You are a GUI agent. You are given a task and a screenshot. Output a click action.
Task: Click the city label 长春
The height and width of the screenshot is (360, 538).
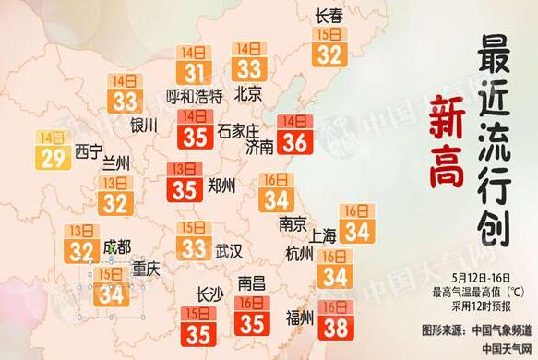(329, 16)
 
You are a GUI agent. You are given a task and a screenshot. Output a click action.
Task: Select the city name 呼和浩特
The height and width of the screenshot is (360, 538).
(194, 95)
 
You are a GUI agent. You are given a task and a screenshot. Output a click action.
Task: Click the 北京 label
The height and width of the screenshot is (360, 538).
(248, 93)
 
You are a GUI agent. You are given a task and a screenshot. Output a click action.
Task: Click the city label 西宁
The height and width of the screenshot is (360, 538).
(89, 150)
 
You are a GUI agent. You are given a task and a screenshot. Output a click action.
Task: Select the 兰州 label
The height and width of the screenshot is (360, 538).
(116, 165)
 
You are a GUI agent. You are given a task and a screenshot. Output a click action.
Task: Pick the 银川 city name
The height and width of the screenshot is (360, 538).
(145, 124)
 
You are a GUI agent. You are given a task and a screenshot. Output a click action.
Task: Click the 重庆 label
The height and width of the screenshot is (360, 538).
(145, 270)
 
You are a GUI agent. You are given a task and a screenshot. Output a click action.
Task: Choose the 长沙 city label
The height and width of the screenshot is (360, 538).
(210, 294)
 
